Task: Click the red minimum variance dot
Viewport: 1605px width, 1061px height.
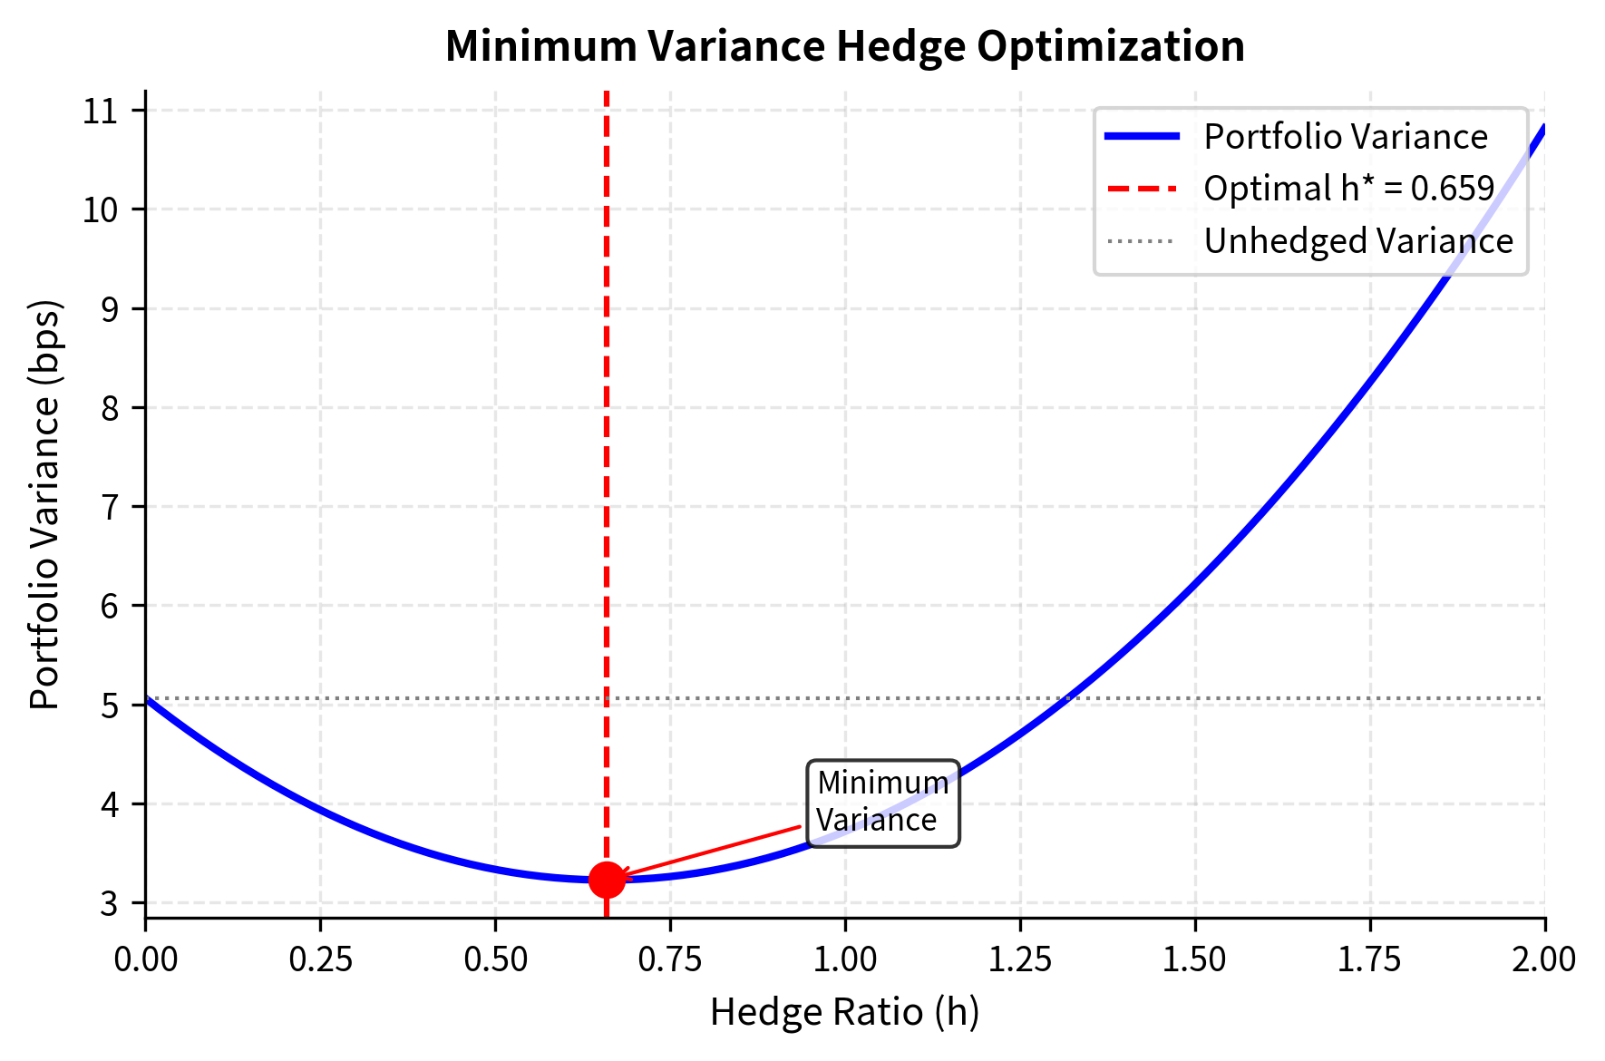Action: pos(606,879)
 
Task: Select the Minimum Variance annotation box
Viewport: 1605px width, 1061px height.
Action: pos(882,803)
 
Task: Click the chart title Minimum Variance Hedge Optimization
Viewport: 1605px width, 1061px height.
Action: pos(844,46)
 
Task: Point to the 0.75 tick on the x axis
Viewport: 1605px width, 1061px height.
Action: pos(670,959)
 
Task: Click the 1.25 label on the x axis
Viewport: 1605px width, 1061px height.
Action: pos(1020,959)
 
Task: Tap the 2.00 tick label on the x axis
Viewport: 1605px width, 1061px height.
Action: pos(1543,959)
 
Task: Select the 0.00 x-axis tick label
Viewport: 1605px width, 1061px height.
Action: pos(145,959)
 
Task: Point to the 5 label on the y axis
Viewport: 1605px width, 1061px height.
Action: pos(110,705)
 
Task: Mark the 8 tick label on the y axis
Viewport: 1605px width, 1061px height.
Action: pos(110,408)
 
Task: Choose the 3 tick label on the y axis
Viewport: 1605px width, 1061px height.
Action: pos(110,903)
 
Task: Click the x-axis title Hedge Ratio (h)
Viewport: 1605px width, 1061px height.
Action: pos(844,1012)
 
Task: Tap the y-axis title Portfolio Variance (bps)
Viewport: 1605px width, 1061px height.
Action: pos(44,504)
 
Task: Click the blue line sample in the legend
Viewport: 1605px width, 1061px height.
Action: pos(1142,137)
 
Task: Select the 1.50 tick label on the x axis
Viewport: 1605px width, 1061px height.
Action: pos(1194,959)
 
